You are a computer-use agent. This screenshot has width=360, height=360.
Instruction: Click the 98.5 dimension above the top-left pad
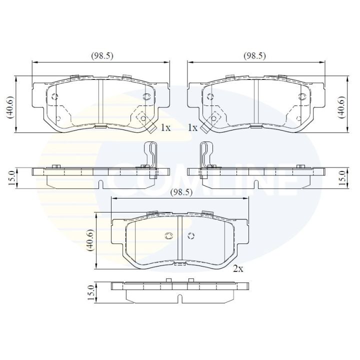click(x=102, y=56)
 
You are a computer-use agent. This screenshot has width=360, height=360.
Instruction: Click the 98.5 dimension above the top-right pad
click(x=254, y=56)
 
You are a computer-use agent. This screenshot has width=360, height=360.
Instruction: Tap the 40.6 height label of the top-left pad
click(x=10, y=107)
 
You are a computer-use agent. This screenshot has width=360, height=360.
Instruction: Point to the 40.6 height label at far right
click(x=342, y=107)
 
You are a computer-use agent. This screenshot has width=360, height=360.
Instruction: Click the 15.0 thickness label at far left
click(x=11, y=178)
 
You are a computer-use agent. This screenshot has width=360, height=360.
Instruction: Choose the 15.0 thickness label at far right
click(x=342, y=178)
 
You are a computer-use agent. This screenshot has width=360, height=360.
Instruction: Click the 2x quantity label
click(x=238, y=268)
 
